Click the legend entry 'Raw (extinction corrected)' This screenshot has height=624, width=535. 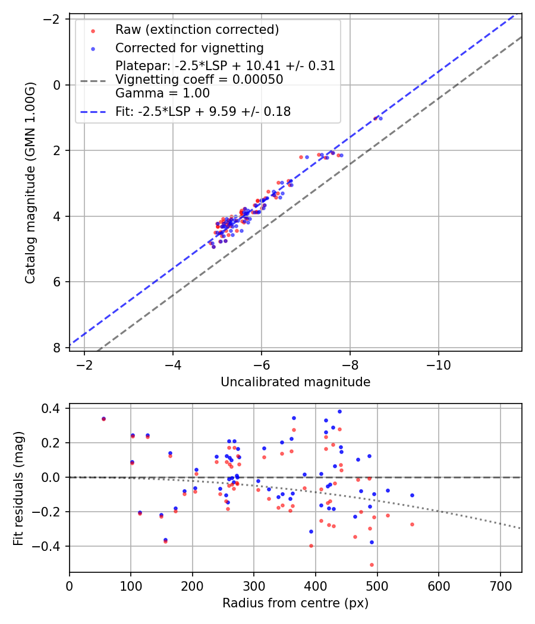197,30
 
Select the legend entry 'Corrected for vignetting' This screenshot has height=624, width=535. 189,48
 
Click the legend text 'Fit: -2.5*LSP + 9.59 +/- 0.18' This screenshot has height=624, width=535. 203,111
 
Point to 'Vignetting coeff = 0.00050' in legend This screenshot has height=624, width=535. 199,80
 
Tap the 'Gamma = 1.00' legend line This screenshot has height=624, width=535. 162,93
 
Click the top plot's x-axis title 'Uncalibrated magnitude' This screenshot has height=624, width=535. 295,382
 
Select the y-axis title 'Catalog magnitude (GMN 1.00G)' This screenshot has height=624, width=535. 30,183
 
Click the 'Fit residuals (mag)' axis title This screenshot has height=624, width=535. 18,488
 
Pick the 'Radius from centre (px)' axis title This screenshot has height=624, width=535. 295,603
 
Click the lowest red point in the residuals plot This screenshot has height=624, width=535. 372,565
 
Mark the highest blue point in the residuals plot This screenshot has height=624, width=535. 339,411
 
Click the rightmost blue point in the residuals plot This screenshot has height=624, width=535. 412,495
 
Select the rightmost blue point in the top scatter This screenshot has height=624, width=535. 380,118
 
